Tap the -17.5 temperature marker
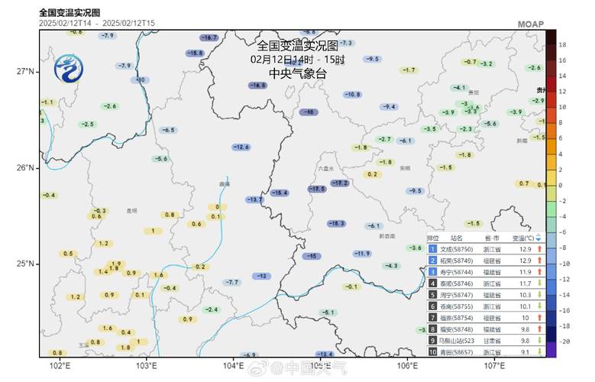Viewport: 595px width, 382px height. (317, 188)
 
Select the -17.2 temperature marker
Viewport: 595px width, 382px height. (340, 183)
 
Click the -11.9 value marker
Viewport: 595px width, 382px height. (362, 254)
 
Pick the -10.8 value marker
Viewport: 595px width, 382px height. (351, 95)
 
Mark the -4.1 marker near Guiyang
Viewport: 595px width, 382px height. (459, 88)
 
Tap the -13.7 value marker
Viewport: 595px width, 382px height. (254, 199)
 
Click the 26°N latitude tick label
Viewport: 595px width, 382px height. (25, 168)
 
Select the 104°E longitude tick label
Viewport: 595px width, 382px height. (233, 365)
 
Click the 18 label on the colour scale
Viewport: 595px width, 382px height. (562, 45)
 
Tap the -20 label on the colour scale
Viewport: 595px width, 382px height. (563, 342)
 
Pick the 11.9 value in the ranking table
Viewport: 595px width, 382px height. (525, 271)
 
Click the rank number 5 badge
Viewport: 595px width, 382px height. (432, 294)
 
